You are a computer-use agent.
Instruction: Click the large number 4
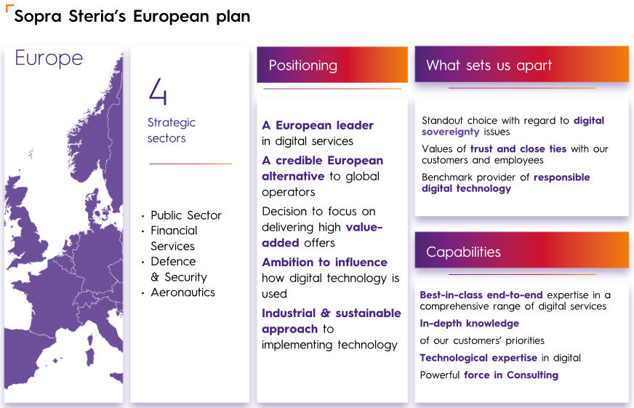[x=158, y=92]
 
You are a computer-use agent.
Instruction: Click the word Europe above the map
[x=49, y=58]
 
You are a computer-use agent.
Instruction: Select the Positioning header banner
[x=332, y=65]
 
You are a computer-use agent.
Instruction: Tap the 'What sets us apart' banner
[x=521, y=64]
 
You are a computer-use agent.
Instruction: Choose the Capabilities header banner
[x=521, y=250]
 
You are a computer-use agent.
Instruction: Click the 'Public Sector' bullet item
[x=186, y=215]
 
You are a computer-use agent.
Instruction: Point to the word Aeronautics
[x=182, y=292]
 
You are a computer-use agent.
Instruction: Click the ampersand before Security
[x=155, y=277]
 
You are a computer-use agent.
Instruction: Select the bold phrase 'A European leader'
[x=318, y=125]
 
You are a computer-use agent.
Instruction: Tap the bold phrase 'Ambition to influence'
[x=325, y=262]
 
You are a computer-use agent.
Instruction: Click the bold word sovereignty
[x=451, y=132]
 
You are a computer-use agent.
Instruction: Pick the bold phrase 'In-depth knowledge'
[x=470, y=323]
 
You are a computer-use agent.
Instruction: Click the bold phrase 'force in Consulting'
[x=511, y=375]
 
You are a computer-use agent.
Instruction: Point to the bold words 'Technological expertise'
[x=478, y=358]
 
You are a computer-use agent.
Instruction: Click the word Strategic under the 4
[x=172, y=122]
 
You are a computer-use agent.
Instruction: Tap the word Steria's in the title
[x=97, y=16]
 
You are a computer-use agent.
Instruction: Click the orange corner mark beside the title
[x=9, y=7]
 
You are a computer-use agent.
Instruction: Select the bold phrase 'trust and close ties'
[x=518, y=149]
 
